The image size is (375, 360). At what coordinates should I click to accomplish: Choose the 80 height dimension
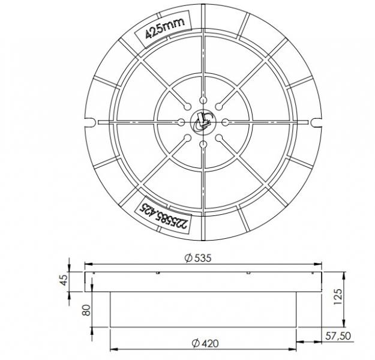pyautogui.click(x=86, y=310)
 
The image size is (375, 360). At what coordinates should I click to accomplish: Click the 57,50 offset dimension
pyautogui.click(x=338, y=336)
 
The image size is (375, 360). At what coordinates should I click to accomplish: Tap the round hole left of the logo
pyautogui.click(x=182, y=122)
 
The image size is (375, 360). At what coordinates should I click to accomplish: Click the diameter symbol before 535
pyautogui.click(x=188, y=257)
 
